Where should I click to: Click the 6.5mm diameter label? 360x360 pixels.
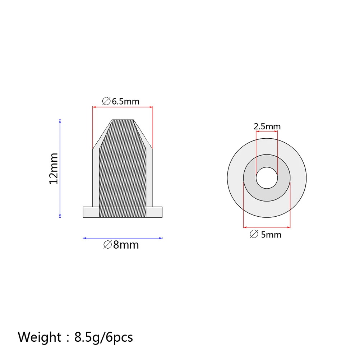coord(121,101)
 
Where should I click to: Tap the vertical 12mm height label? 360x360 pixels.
coord(54,168)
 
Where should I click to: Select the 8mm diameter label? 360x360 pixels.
coord(121,245)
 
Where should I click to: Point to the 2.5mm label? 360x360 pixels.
coord(267,126)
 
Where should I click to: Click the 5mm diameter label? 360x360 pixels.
coord(266,235)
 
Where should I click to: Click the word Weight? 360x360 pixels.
coord(40,337)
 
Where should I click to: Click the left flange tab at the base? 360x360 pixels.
coord(91,212)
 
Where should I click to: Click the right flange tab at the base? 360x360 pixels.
coord(154,212)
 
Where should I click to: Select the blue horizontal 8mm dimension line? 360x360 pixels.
coord(123,238)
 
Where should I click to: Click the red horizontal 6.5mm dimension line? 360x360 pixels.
coord(123,107)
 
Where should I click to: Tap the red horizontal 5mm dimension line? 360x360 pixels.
coord(267,227)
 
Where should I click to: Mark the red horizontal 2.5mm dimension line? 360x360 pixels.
coord(267,132)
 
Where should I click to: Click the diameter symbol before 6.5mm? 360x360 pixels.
coord(106,101)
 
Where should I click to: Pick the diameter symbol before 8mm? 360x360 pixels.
coord(107,245)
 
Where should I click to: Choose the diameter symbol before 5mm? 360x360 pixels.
coord(254,235)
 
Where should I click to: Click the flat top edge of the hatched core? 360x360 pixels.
coord(123,120)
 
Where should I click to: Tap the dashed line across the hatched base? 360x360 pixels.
coord(123,207)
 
